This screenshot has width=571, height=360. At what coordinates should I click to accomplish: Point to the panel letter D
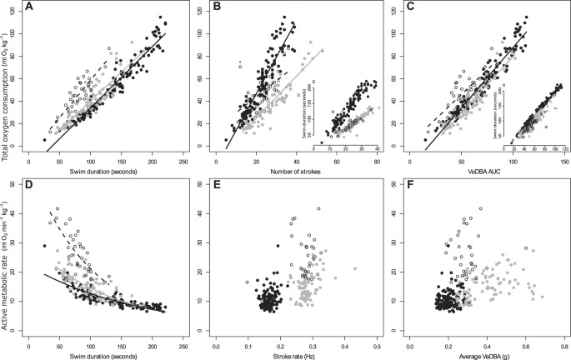29,187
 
